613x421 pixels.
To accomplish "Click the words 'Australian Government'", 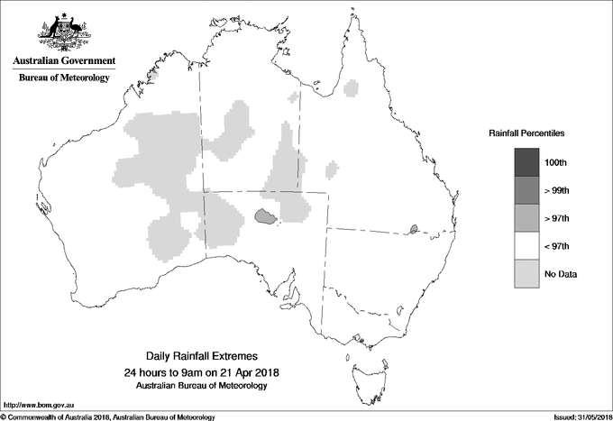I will click(64, 61).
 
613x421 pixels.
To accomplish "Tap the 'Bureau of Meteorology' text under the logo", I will click(64, 78).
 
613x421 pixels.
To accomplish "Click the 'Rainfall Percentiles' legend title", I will click(526, 133).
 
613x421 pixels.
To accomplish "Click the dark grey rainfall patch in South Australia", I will click(265, 216).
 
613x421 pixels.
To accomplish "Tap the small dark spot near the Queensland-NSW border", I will click(413, 229).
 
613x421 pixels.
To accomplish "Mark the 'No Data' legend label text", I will click(561, 274).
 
